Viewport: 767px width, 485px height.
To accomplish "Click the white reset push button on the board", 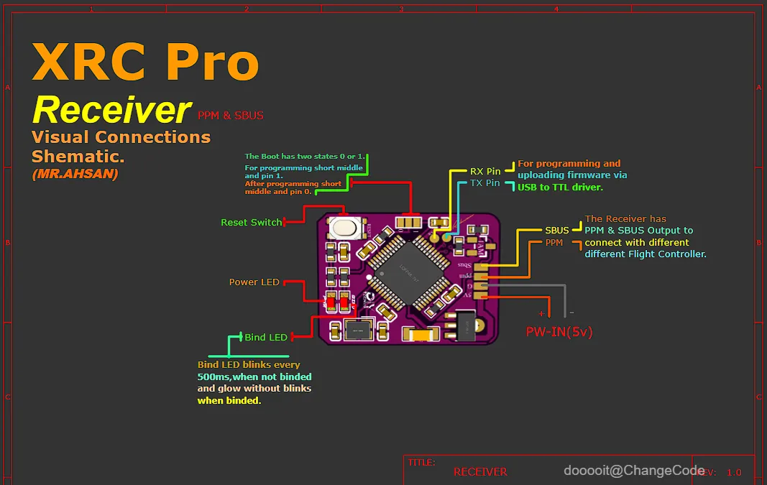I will click(345, 228).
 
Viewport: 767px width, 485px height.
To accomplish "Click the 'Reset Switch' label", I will click(251, 223).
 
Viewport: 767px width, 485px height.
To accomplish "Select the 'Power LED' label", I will click(254, 282).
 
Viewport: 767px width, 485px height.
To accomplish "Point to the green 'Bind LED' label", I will click(266, 337).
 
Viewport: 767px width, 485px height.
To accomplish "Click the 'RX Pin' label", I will click(485, 172).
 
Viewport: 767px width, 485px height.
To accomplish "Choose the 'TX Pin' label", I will click(485, 183).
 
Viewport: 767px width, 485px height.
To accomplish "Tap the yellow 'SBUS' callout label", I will click(556, 231).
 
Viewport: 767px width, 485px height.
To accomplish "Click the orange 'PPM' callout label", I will click(554, 243).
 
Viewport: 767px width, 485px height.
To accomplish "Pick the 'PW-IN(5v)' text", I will click(559, 332).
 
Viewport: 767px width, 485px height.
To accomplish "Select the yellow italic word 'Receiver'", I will click(112, 110).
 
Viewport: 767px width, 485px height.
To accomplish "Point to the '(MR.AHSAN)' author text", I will click(75, 174).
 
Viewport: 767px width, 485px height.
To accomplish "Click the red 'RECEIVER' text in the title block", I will click(480, 472).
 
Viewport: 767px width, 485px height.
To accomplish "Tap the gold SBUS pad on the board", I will click(481, 266).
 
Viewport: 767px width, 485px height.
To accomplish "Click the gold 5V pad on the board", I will click(481, 294).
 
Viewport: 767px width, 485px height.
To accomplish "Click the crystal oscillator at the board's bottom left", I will click(357, 330).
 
